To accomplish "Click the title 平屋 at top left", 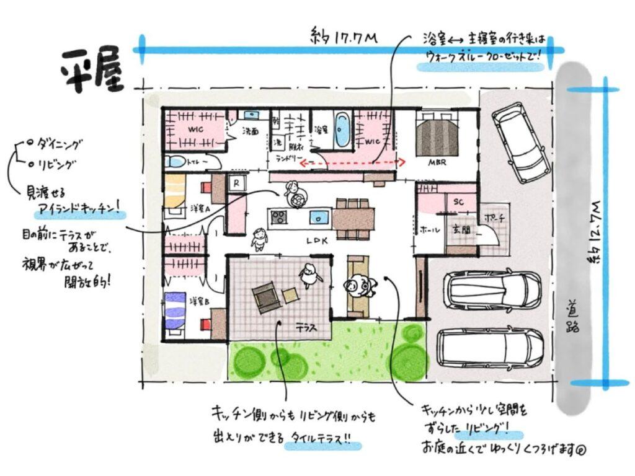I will (x=92, y=69).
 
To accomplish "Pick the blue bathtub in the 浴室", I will (x=342, y=129).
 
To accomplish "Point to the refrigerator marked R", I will (x=236, y=183).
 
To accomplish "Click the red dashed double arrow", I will (x=352, y=163).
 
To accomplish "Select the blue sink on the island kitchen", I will (x=319, y=218).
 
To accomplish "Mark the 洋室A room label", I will (x=199, y=209).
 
